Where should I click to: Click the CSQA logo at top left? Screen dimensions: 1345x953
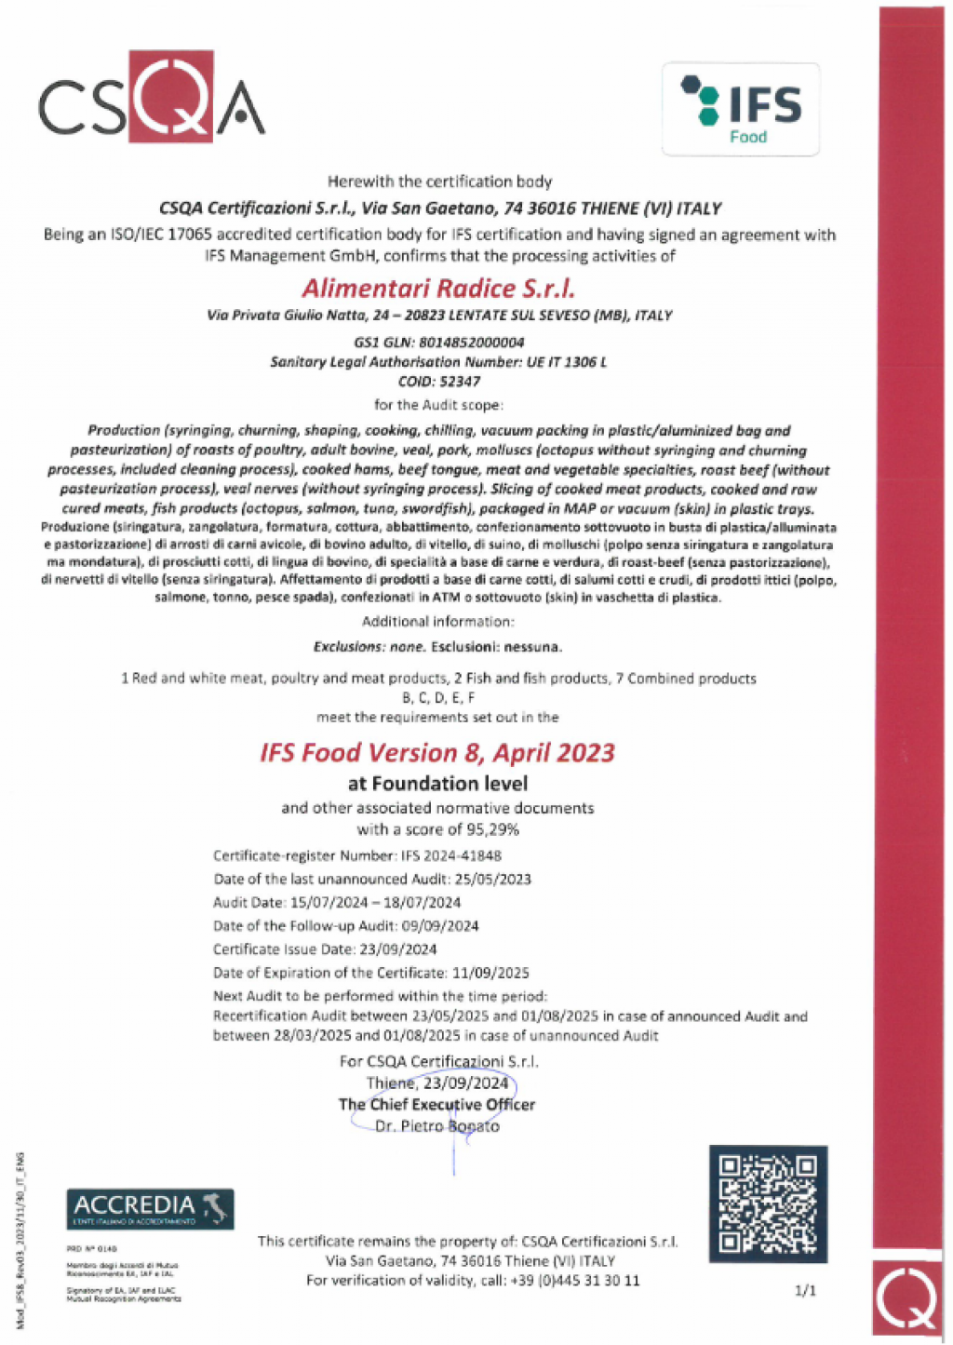pos(151,98)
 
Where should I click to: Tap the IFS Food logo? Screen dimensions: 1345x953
pos(741,109)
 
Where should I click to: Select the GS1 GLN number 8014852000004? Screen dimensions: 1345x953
pos(472,343)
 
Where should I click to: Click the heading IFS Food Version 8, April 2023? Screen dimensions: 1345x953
pos(437,752)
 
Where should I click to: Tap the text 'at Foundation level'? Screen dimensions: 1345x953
pos(437,784)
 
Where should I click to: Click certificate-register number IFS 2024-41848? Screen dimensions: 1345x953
pos(451,855)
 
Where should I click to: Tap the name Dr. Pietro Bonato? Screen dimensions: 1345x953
pos(437,1126)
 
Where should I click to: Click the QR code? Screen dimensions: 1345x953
pos(769,1204)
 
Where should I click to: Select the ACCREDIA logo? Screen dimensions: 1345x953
pos(149,1209)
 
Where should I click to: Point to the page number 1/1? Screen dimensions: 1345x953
pos(805,1290)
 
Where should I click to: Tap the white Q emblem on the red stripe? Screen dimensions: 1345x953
pos(909,1299)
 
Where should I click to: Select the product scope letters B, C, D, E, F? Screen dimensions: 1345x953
pos(438,697)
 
